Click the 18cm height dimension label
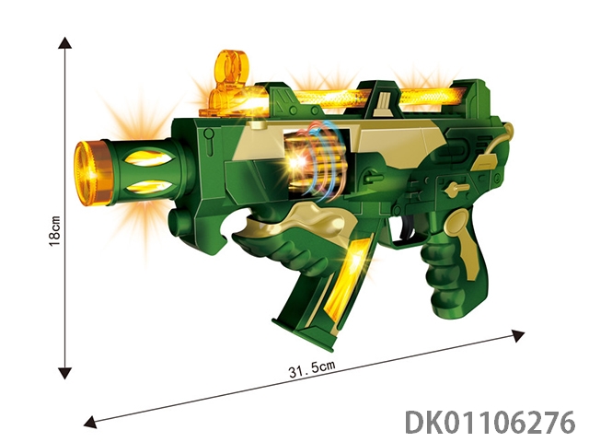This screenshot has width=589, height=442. [x=54, y=231]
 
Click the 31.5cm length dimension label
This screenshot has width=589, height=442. [x=311, y=368]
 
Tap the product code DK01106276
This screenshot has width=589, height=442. [x=490, y=422]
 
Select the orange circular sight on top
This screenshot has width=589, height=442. [x=231, y=66]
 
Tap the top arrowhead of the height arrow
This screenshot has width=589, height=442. [x=65, y=42]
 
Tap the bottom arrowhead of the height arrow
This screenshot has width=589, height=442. [x=65, y=373]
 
